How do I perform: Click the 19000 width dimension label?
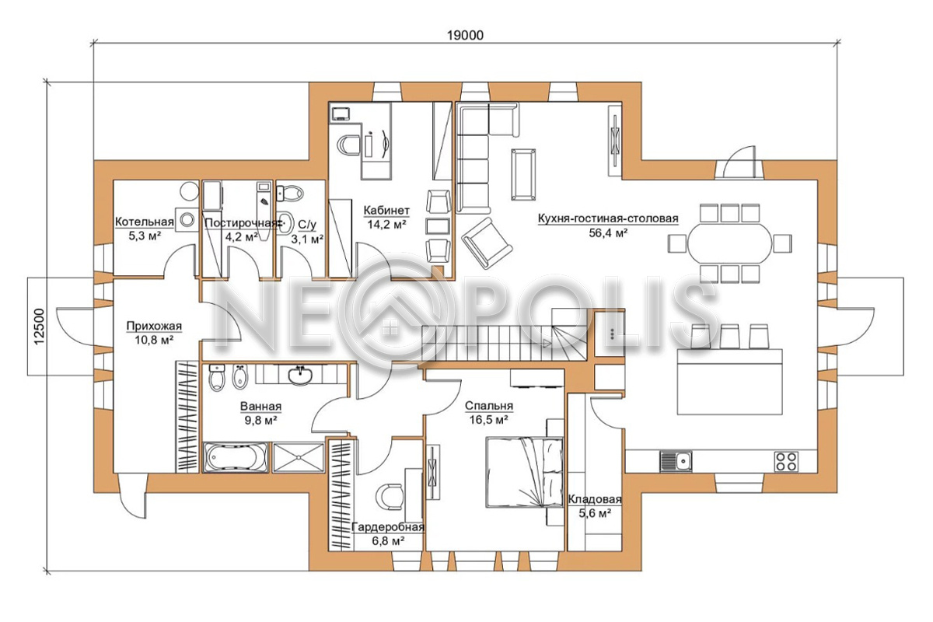coord(465,36)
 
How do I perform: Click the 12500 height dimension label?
coord(39,327)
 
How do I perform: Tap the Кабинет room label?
coord(386,211)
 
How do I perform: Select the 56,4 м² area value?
coord(608,233)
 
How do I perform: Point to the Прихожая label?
coord(154,326)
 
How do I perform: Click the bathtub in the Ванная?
coord(236,457)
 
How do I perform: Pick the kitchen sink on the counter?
coord(676,461)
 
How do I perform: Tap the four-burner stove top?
coord(786,461)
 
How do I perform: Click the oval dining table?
coord(729,243)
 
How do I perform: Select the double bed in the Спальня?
coord(524,472)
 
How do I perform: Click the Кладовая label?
coord(595,499)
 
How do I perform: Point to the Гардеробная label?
coord(388,527)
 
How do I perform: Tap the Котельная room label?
coord(144,222)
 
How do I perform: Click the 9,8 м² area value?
coord(260,421)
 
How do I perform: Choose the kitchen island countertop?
coord(729,382)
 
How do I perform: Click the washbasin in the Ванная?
coord(299,376)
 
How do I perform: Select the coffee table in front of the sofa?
coord(523,175)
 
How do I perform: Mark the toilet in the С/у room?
coord(290,194)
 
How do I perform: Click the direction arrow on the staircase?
coord(546,344)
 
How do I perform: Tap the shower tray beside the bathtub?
coord(299,457)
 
